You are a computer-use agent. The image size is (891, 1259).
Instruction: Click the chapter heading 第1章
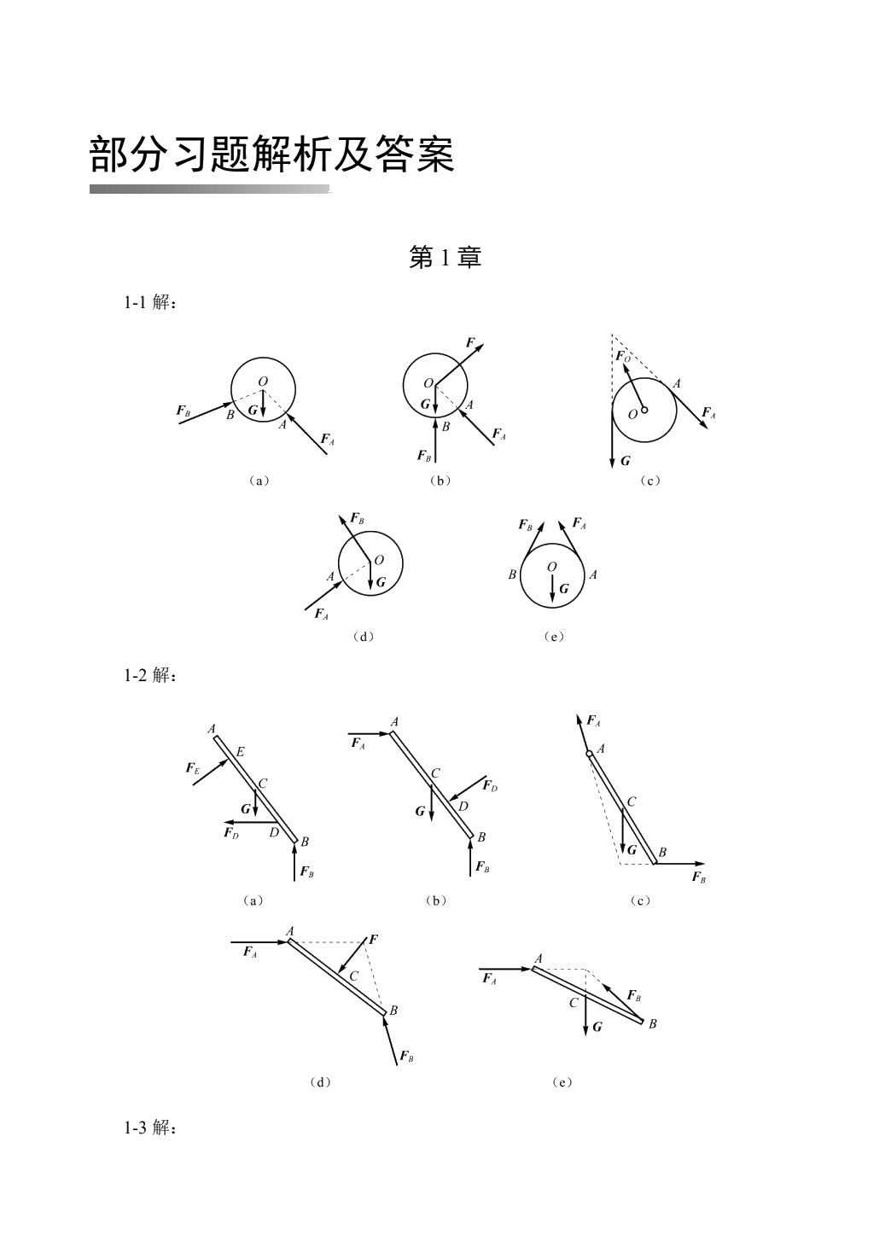[x=445, y=258]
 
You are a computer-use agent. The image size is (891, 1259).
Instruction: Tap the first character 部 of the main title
[x=108, y=154]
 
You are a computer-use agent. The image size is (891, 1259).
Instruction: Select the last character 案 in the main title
[x=435, y=154]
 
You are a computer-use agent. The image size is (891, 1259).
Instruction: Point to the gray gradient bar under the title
[x=210, y=189]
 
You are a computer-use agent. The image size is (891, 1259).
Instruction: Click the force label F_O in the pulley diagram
[x=623, y=357]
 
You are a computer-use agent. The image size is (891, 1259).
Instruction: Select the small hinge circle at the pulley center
[x=644, y=410]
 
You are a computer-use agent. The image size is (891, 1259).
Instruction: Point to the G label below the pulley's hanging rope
[x=625, y=461]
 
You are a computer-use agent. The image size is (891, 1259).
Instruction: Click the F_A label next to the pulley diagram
[x=708, y=413]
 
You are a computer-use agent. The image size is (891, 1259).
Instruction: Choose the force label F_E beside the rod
[x=192, y=768]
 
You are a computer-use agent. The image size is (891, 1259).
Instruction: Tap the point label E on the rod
[x=240, y=751]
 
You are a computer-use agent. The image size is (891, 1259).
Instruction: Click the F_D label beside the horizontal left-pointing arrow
[x=231, y=833]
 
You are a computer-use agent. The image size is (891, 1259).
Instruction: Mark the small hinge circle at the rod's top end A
[x=589, y=754]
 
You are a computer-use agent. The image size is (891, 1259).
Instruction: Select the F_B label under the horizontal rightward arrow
[x=699, y=877]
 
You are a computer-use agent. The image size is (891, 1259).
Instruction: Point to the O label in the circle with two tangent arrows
[x=552, y=567]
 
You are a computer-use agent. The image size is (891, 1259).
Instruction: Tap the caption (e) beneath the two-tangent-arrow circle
[x=554, y=637]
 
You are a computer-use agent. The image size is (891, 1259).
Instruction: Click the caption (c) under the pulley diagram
[x=650, y=481]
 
